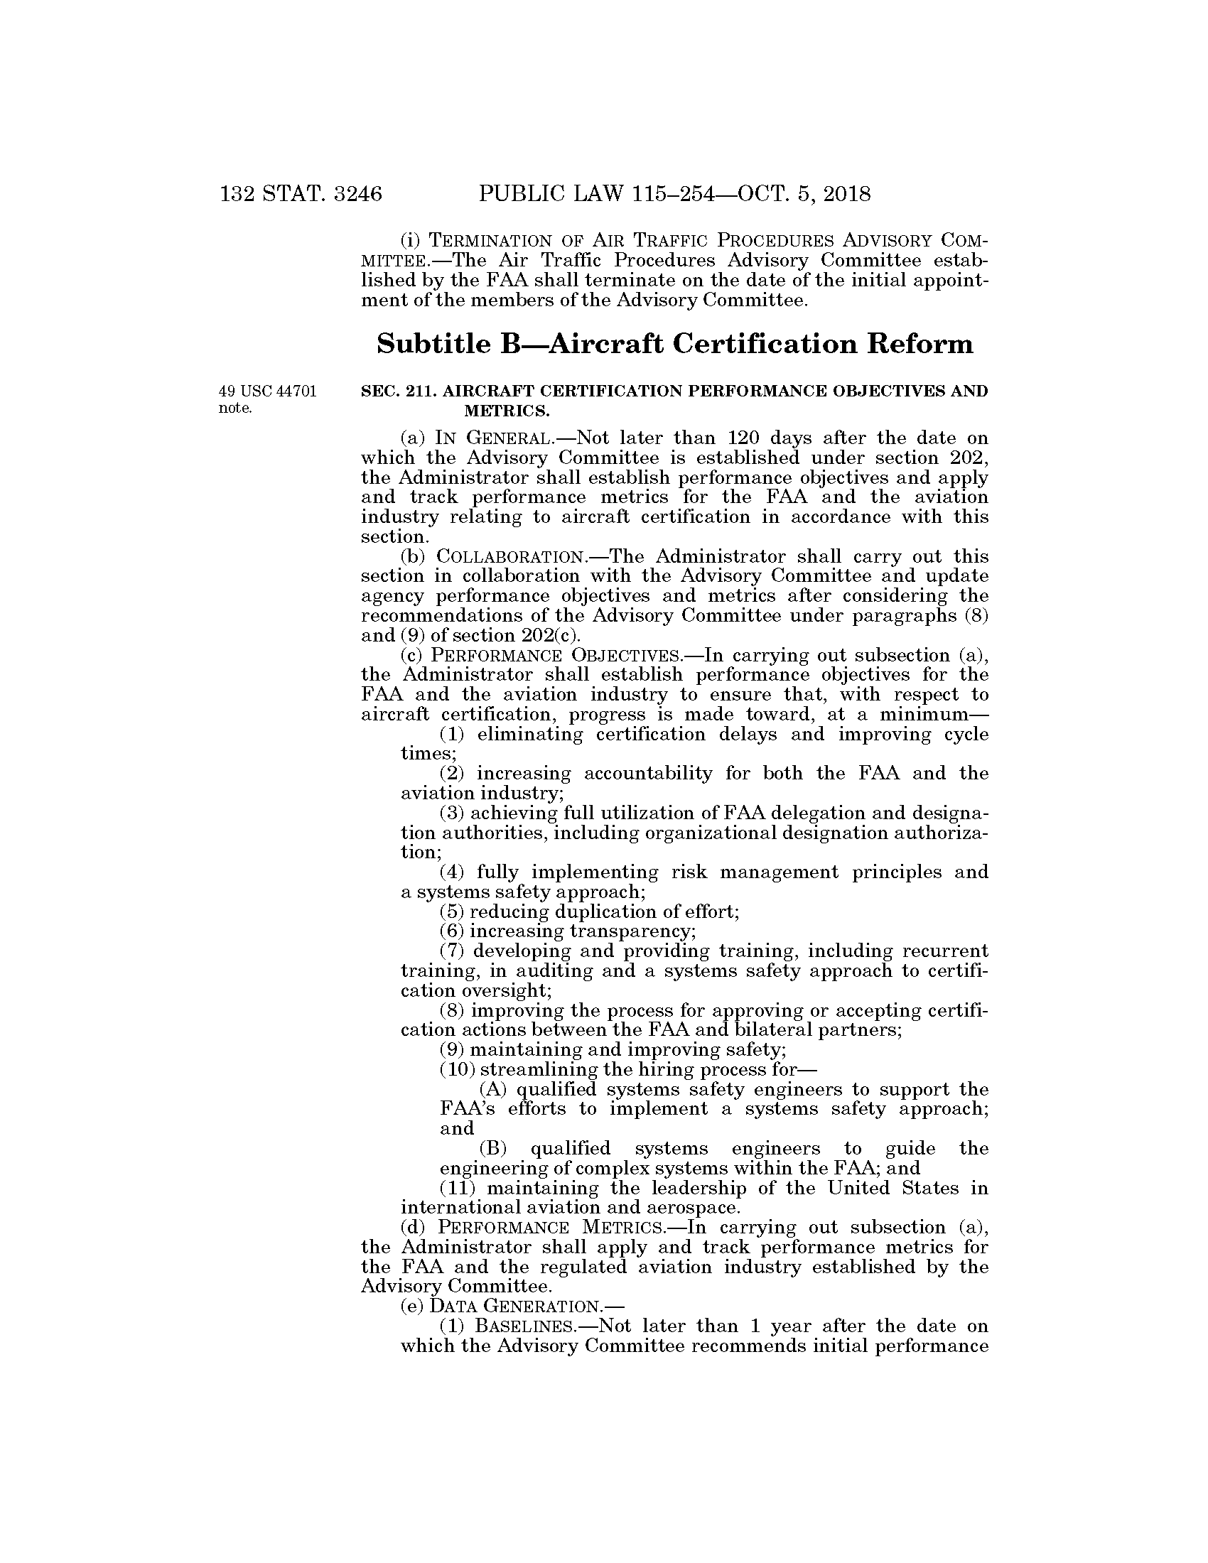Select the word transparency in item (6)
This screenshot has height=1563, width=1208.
click(x=630, y=931)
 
